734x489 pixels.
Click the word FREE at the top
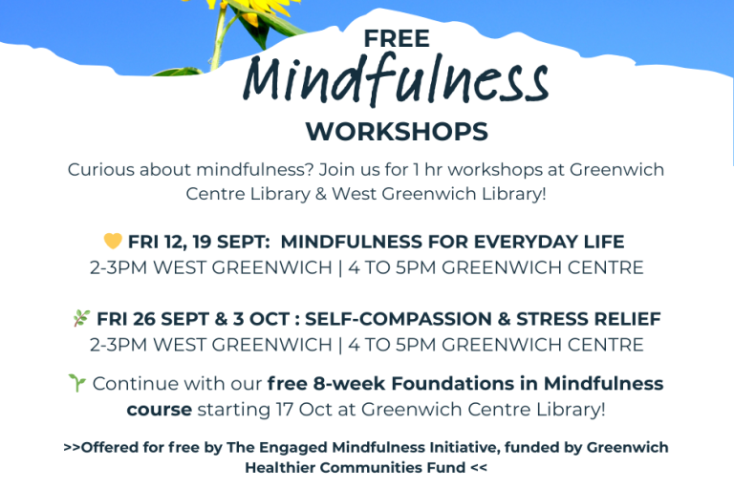[x=397, y=38]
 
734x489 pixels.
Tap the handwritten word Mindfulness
[x=396, y=79]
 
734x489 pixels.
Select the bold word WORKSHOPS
[x=397, y=132]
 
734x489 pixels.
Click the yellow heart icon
[x=113, y=241]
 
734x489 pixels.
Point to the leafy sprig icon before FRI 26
[x=81, y=318]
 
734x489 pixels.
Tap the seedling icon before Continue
[x=77, y=382]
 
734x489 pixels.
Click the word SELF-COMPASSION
[x=399, y=319]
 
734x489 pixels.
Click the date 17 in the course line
[x=285, y=410]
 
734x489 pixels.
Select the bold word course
[x=160, y=410]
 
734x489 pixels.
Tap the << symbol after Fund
[x=479, y=467]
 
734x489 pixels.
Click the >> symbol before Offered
[x=72, y=447]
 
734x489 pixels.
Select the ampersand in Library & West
[x=321, y=194]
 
